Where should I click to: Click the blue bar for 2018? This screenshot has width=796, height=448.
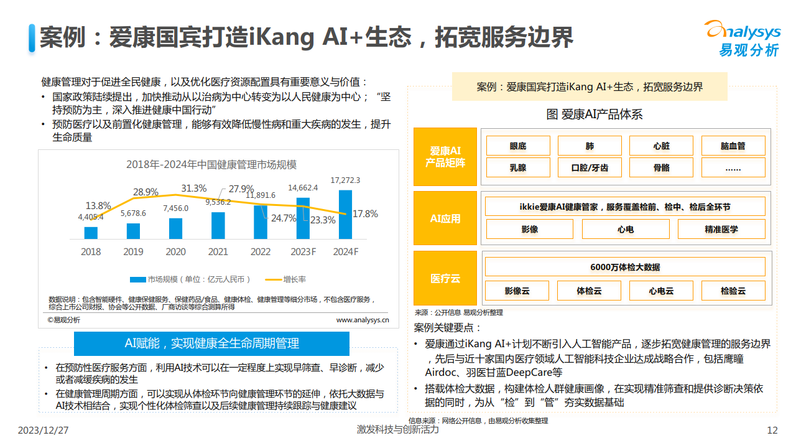coord(91,233)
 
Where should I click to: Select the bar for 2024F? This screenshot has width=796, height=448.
coord(345,215)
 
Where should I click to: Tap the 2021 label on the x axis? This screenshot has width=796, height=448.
coord(218,252)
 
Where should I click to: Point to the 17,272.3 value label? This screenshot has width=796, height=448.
coord(345,180)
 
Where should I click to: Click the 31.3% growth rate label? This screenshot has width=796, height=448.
coord(193,188)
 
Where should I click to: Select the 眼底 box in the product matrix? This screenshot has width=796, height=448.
coord(518,146)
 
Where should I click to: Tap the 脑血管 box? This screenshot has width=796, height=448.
coord(733,146)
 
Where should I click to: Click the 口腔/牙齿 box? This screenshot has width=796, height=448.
coord(590,167)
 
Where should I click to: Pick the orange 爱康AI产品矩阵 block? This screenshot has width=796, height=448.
coord(445,157)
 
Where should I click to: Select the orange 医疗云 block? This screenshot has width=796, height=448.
coord(445,279)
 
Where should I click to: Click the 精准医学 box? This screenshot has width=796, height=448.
coord(721,229)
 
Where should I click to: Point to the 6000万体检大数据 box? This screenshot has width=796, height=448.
coord(625,267)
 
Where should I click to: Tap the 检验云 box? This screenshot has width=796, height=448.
coord(733,291)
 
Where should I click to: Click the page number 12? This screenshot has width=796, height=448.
coord(772,431)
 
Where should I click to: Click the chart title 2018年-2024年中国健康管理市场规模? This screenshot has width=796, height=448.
coord(211,165)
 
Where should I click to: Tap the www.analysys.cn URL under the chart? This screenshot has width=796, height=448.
coord(363,320)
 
